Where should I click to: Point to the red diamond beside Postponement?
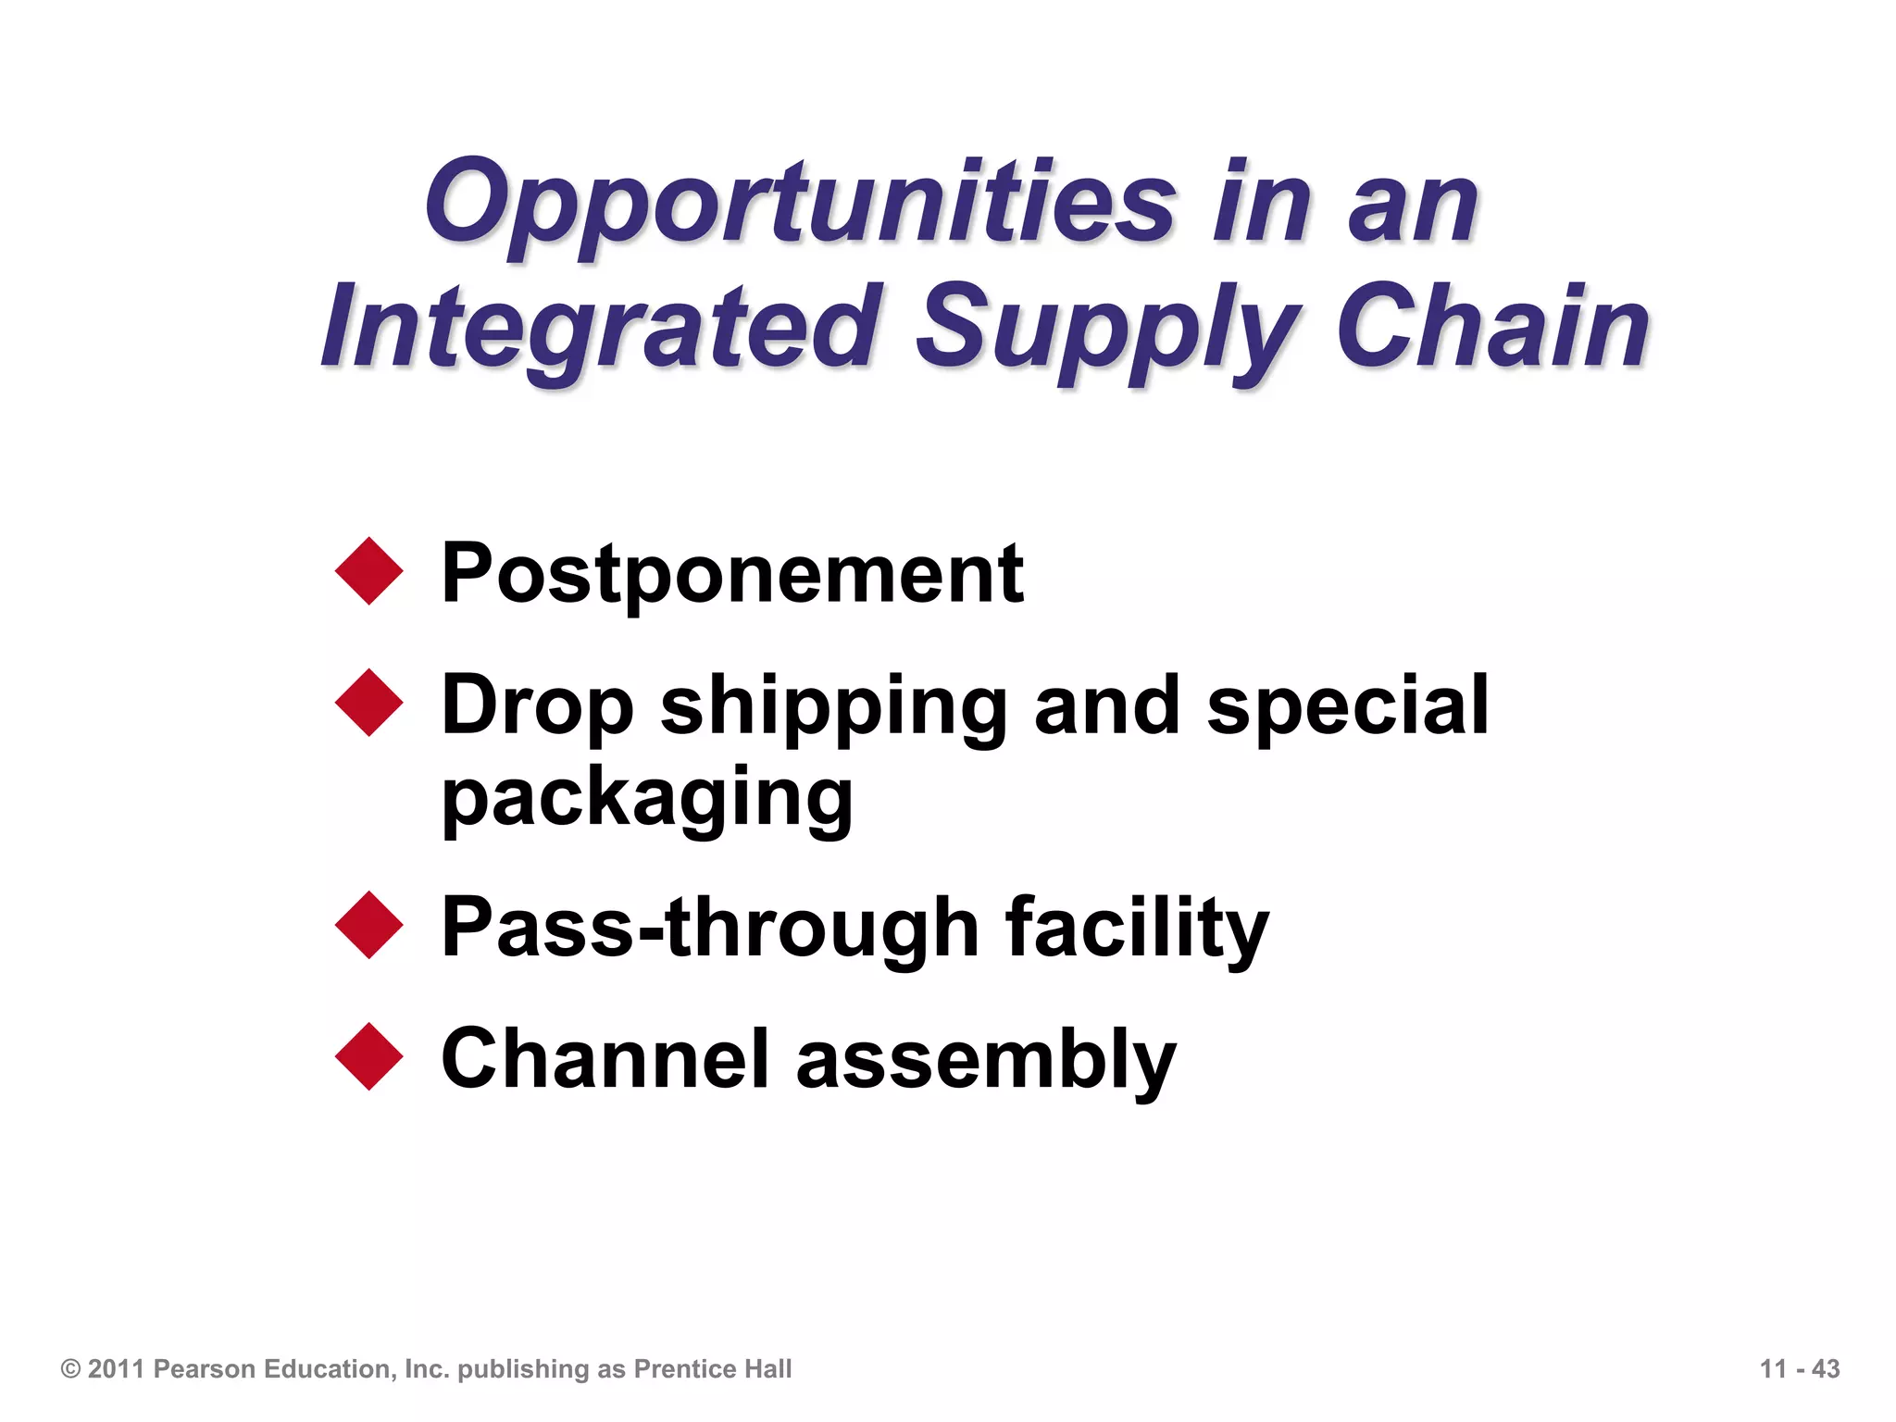369,571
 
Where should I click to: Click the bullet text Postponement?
731,574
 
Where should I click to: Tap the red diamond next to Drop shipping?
369,703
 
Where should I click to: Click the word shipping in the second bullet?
833,708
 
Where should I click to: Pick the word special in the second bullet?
1348,705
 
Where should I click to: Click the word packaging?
646,798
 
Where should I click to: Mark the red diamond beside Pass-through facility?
369,925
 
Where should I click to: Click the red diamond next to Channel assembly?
369,1056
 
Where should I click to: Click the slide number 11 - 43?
1799,1368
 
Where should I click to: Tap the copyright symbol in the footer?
70,1368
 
